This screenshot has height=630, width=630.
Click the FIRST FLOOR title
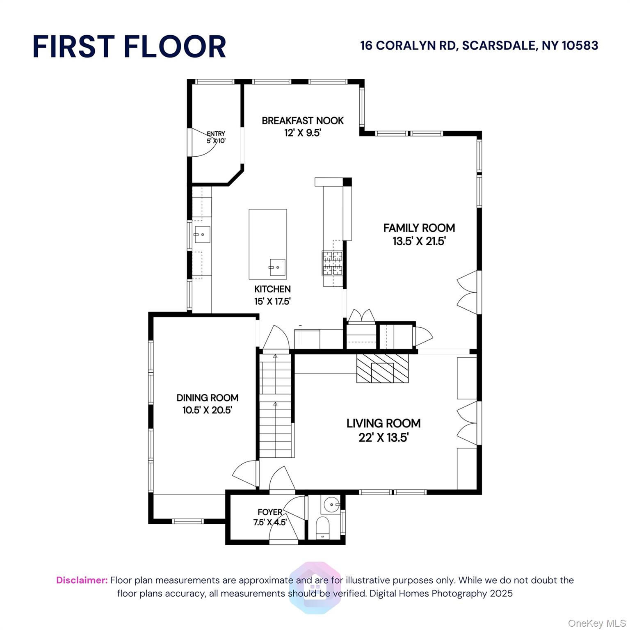129,46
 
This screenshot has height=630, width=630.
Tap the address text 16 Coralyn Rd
409,46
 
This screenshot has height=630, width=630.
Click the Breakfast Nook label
303,121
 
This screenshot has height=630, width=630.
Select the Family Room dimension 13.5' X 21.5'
419,241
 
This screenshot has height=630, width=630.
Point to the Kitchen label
272,289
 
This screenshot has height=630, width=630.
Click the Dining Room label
208,397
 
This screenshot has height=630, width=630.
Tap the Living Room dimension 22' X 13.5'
383,438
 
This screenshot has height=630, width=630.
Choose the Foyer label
270,512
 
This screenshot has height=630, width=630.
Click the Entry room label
216,134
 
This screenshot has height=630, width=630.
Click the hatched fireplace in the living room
382,368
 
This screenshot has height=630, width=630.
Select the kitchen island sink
277,267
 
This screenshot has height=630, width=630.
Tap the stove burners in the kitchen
332,262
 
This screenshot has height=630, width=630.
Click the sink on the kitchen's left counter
202,235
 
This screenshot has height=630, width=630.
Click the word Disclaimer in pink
82,580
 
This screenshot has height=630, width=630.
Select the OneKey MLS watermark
596,623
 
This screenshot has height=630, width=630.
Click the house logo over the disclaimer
315,587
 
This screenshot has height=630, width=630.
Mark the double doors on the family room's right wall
468,292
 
